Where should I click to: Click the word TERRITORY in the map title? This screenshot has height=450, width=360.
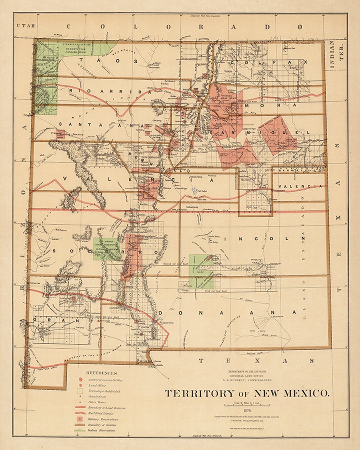200,393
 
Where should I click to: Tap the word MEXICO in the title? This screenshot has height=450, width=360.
306,393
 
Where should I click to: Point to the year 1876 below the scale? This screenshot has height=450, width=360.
247,410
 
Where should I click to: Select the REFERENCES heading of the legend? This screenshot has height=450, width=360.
102,373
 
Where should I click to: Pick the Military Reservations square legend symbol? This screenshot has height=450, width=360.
80,419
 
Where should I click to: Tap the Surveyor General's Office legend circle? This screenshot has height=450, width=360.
80,379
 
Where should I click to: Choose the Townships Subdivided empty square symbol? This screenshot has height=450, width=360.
80,391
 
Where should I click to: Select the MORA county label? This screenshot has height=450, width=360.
270,105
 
